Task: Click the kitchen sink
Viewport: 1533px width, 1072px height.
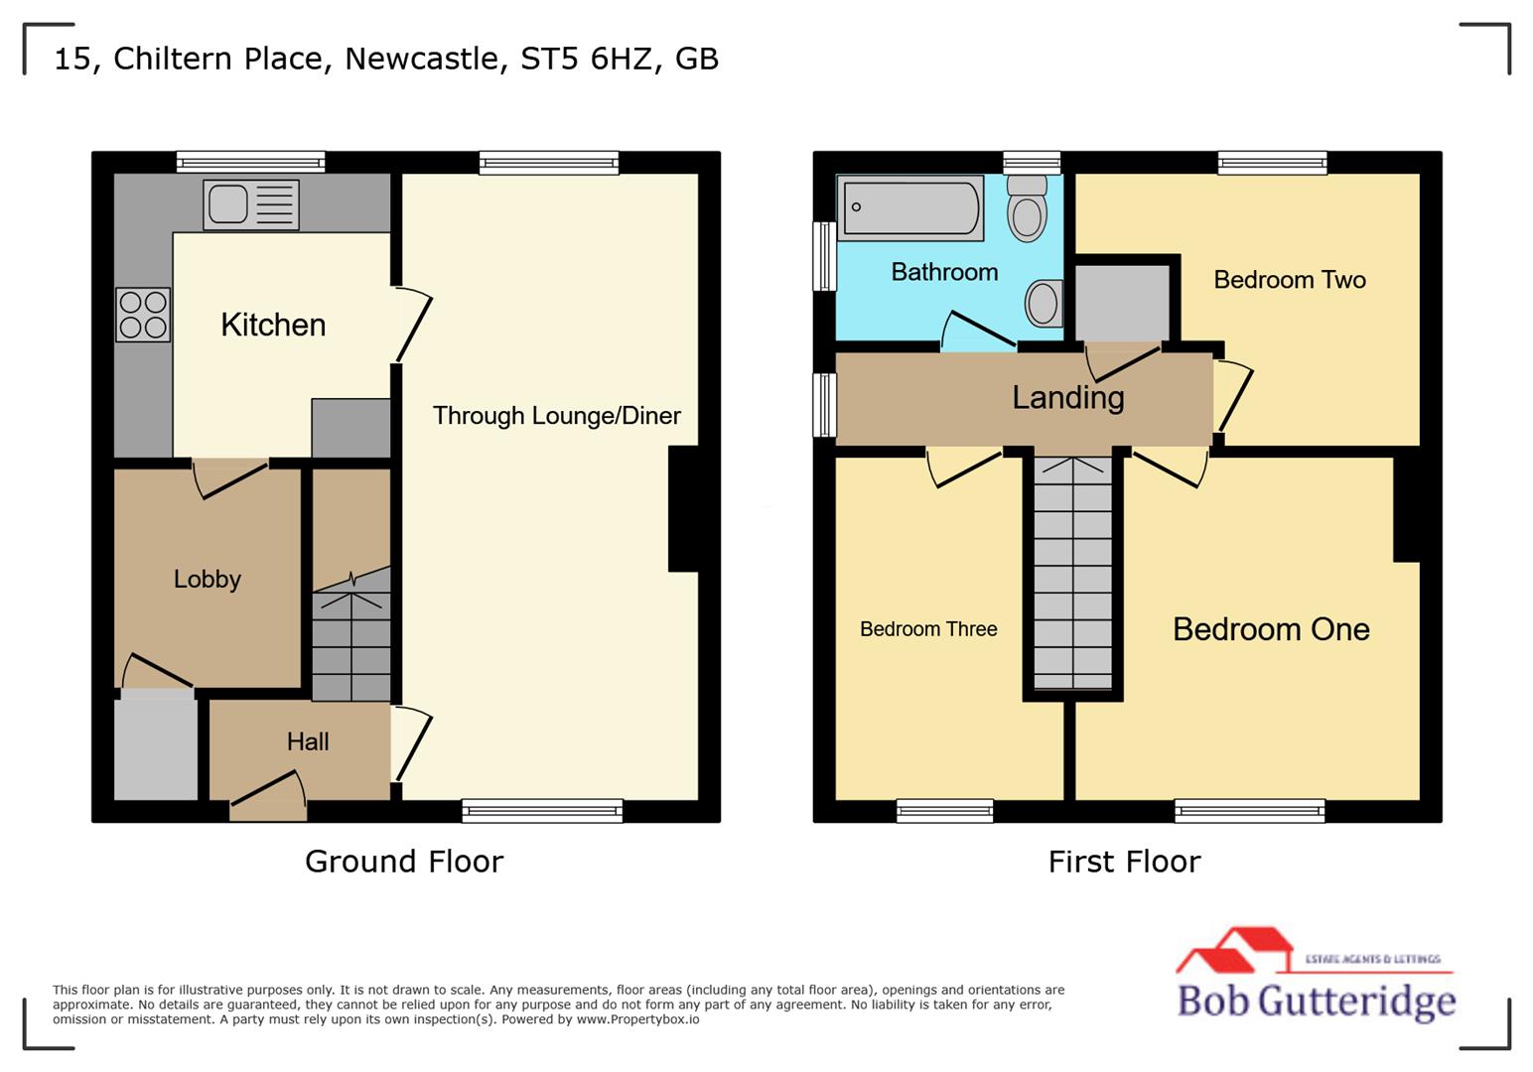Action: pos(250,204)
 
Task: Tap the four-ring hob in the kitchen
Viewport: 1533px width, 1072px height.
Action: pos(143,315)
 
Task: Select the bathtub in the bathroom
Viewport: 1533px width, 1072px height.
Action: pos(910,208)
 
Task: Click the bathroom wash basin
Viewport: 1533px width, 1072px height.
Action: pos(1043,303)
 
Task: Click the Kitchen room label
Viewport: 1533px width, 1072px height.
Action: pos(273,325)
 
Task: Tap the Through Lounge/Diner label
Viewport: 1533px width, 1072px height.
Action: pos(556,416)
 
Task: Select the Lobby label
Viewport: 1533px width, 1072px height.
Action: pos(208,579)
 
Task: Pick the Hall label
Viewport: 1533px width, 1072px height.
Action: pos(308,741)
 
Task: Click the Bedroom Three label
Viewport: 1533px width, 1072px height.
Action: pos(928,629)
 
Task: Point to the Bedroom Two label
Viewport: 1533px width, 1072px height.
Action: pos(1290,280)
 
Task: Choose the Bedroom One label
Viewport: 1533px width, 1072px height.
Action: pos(1271,629)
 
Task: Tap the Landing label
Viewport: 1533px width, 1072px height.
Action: pos(1068,398)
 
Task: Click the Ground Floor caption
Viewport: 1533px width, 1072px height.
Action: pos(404,862)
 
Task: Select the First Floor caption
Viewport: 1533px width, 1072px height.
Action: pos(1124,862)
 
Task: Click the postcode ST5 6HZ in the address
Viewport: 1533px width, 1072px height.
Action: pos(587,59)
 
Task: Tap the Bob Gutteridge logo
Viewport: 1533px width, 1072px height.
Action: pos(1317,978)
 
